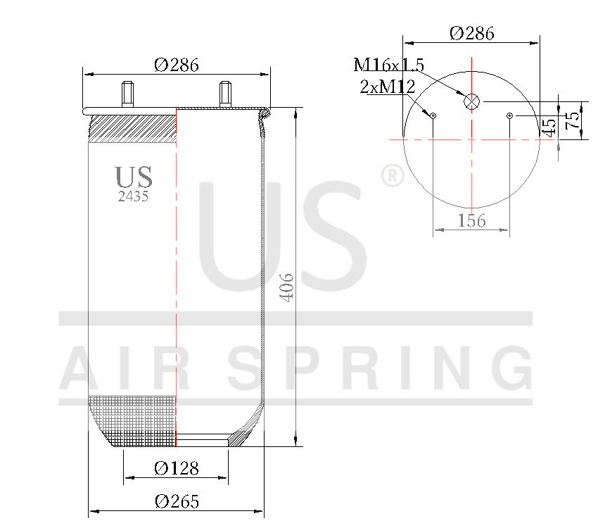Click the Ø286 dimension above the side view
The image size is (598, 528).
click(177, 65)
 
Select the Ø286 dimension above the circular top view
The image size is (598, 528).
click(471, 33)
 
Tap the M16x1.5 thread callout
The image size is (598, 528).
click(388, 65)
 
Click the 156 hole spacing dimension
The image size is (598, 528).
click(471, 220)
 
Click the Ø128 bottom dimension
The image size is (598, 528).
click(177, 468)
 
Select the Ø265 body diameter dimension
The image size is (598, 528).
click(177, 501)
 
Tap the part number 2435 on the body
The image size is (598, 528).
click(133, 197)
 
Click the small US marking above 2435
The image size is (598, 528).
click(133, 177)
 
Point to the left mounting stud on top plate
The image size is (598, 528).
click(128, 94)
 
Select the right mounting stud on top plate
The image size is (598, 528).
click(225, 94)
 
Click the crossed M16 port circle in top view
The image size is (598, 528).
click(471, 101)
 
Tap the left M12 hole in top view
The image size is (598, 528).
click(433, 115)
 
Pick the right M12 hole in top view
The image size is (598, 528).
click(510, 115)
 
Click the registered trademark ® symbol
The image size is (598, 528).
click(392, 176)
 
